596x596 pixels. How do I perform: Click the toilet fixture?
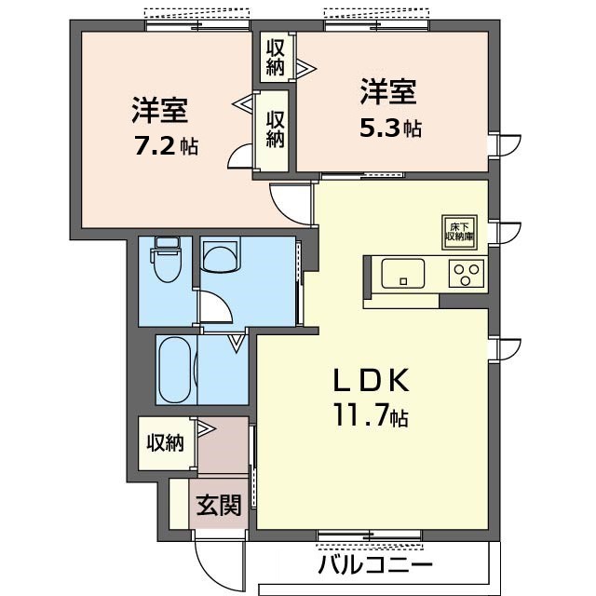pos(166,259)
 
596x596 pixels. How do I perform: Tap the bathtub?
pos(175,370)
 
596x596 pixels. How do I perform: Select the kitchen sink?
pos(403,274)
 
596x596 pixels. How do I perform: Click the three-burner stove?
pos(467,274)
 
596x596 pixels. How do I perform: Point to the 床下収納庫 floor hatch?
pos(459,232)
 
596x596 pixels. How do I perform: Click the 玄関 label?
pos(219,505)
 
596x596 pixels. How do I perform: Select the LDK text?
pos(372,380)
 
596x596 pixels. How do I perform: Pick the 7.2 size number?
pos(156,145)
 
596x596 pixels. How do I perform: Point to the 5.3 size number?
pos(380,129)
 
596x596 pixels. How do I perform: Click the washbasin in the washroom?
pos(220,254)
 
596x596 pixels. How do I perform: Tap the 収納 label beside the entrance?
pos(166,443)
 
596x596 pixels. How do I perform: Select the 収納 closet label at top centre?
pos(276,58)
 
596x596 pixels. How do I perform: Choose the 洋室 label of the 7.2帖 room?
pos(159,111)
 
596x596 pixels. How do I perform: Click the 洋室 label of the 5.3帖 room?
pos(388,91)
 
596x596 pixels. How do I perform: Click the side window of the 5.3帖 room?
pos(494,145)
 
